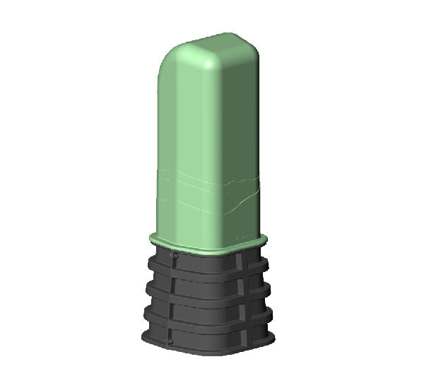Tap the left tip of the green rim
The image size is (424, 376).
point(150,237)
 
